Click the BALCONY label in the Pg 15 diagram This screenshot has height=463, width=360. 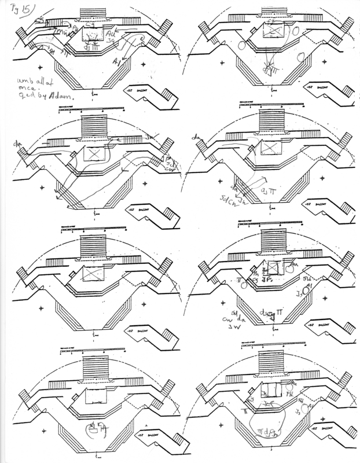[152, 91]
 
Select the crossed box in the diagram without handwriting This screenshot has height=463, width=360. [93, 273]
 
